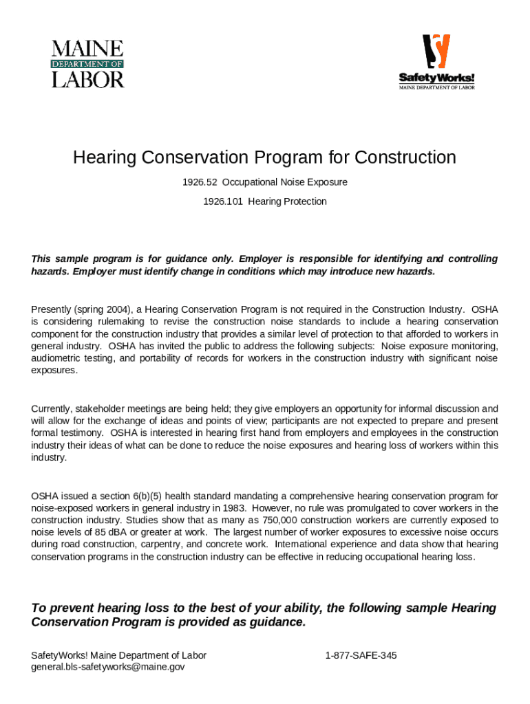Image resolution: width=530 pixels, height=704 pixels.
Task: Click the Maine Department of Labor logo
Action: coord(87,64)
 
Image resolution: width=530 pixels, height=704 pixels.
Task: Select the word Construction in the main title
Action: coord(405,158)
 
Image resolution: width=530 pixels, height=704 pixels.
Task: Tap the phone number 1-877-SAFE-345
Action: coord(361,655)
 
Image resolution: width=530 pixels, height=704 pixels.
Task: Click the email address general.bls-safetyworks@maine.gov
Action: coord(108,666)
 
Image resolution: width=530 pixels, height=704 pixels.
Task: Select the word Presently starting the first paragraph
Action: coord(51,309)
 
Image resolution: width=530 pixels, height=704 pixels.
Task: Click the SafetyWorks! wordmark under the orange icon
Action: coord(437,76)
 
